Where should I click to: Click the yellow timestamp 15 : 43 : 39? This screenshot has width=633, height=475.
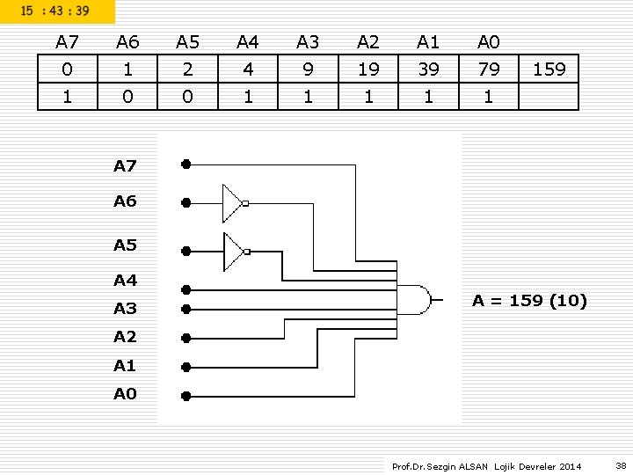[x=55, y=11]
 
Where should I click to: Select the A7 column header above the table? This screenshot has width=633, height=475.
[x=67, y=42]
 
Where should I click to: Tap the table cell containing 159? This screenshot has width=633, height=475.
[x=549, y=69]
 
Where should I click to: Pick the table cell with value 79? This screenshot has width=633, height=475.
[x=489, y=69]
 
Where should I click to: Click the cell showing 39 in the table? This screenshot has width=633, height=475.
[x=429, y=69]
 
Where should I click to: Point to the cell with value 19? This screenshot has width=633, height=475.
[x=368, y=69]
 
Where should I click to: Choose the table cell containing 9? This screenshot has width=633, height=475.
[x=308, y=69]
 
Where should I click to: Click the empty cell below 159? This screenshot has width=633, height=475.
[x=549, y=96]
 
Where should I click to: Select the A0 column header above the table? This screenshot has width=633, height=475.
[x=489, y=42]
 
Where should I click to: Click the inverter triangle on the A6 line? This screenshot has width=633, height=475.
[x=232, y=203]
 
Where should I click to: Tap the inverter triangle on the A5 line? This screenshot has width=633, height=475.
[x=233, y=252]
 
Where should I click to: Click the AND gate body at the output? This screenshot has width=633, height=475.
[x=413, y=300]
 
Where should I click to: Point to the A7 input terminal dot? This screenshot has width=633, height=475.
[x=186, y=164]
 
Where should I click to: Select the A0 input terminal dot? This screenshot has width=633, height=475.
[x=186, y=396]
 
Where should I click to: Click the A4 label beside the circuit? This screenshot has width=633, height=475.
[x=125, y=280]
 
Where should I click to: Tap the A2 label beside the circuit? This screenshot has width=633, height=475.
[x=125, y=336]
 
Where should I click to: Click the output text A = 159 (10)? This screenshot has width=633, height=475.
[x=529, y=301]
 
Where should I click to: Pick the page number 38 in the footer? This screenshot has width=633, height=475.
[x=621, y=465]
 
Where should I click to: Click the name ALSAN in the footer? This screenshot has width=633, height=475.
[x=473, y=466]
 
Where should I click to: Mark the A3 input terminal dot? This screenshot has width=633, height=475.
[x=186, y=309]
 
